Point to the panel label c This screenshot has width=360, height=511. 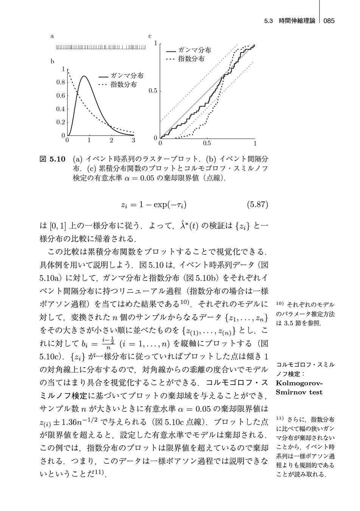point(150,36)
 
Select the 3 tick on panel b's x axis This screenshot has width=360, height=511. point(133,141)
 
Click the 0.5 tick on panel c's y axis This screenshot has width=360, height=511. point(153,91)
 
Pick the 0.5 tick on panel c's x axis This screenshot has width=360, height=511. point(207,144)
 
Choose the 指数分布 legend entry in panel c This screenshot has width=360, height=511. point(191,59)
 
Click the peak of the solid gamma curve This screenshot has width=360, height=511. point(84,76)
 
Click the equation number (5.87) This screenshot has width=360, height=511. point(257,205)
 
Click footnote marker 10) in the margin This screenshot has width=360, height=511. point(280,304)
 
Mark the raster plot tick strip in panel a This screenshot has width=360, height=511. point(101,47)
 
